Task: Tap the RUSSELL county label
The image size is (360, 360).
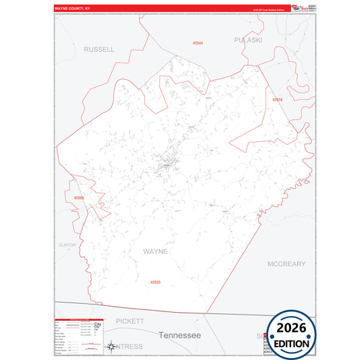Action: (x=99, y=49)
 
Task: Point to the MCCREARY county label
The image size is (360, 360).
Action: (x=286, y=263)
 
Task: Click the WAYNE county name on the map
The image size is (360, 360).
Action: (x=155, y=251)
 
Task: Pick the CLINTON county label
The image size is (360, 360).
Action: (x=68, y=245)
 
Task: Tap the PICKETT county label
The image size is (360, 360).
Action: (x=130, y=321)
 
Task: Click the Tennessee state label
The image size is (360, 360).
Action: (x=180, y=335)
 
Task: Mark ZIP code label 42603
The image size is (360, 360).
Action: (x=79, y=198)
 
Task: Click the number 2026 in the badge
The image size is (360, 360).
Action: (x=292, y=328)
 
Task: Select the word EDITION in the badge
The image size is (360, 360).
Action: (x=292, y=344)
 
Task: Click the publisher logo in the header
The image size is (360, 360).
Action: (x=299, y=7)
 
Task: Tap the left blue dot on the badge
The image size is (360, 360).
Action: (x=272, y=336)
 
